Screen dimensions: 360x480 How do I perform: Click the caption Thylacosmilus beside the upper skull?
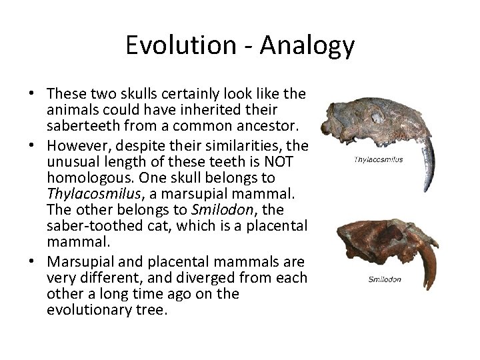click(378, 160)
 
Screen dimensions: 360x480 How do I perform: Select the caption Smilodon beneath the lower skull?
click(385, 279)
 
